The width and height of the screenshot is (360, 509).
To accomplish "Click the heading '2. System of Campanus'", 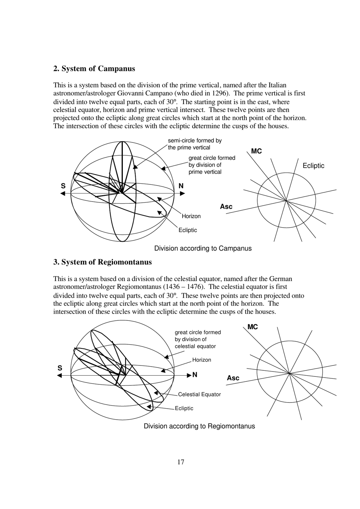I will (x=94, y=69).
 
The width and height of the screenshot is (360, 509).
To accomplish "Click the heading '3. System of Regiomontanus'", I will (x=102, y=262).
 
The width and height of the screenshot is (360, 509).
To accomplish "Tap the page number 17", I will (x=181, y=462).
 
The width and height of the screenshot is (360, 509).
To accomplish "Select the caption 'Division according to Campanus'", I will (x=203, y=248).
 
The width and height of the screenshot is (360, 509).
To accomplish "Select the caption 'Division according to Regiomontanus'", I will (x=199, y=426).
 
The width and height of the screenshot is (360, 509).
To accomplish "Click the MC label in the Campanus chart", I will (x=256, y=151).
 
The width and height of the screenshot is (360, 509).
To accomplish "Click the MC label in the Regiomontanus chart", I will (x=252, y=327).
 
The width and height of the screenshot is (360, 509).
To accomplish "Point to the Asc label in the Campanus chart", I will (x=226, y=206).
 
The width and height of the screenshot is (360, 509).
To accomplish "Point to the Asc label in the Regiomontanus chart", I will (x=233, y=378).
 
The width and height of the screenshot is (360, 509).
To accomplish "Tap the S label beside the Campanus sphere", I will (x=63, y=186).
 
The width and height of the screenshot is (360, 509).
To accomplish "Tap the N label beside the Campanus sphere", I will (x=181, y=186).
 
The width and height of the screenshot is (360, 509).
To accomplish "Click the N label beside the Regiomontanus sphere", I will (x=195, y=375).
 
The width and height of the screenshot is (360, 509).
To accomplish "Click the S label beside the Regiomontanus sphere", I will (x=60, y=368).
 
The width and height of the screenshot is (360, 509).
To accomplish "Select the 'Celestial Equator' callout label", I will (x=199, y=394).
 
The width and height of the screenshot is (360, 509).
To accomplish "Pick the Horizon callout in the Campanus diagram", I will (x=191, y=216).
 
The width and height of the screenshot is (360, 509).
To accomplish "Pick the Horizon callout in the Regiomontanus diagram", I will (x=202, y=360).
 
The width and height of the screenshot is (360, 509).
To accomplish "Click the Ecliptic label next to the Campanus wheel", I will (x=313, y=166).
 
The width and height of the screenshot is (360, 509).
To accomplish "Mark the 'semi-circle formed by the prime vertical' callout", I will (x=195, y=144).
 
